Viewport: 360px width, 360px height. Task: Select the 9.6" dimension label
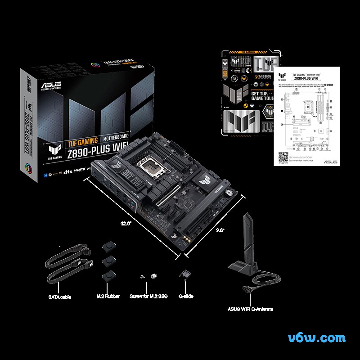tap(219, 230)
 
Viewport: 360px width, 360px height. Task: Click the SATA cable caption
tap(60, 297)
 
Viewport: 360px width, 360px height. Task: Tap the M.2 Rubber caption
tap(108, 297)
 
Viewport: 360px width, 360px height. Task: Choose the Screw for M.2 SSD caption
tap(148, 297)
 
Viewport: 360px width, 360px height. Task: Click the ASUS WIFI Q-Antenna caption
tap(250, 309)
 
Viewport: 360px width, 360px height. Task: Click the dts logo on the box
tap(68, 171)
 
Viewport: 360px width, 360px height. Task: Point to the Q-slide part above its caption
tap(184, 275)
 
